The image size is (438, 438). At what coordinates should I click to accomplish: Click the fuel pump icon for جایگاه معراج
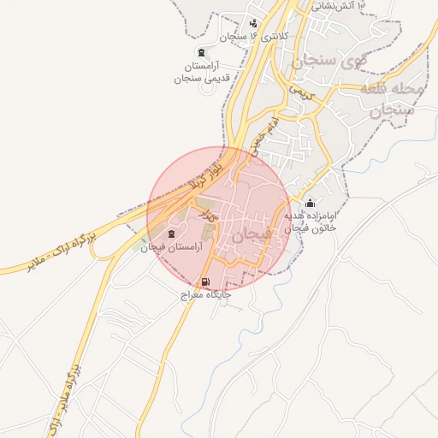tap(204, 282)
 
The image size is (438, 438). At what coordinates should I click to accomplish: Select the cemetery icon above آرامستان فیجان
tap(171, 234)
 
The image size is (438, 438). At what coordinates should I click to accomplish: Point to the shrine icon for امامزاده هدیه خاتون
tap(310, 204)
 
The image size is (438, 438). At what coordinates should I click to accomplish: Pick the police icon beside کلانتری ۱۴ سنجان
tap(253, 24)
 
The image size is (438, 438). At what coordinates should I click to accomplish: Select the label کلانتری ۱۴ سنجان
tap(254, 37)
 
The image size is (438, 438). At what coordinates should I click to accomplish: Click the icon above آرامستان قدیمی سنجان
tap(201, 53)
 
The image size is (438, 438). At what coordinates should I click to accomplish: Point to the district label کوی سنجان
tap(321, 62)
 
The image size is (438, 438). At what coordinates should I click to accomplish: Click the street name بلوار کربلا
tap(221, 165)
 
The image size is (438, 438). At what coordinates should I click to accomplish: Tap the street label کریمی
tap(301, 90)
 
